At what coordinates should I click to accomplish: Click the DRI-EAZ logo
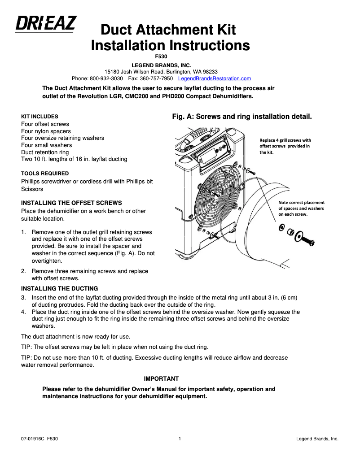46,23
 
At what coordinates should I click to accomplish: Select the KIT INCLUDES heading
40,117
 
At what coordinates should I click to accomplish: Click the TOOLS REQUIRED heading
45,174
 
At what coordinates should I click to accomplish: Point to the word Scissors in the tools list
32,189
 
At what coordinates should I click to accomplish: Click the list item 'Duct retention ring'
45,152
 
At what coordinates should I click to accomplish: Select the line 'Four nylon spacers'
46,131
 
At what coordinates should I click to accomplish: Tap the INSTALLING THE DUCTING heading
59,288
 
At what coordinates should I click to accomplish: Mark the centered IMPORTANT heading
161,379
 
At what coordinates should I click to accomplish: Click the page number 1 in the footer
180,439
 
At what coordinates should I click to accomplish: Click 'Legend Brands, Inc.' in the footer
317,439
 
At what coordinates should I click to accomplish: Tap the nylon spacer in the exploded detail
290,231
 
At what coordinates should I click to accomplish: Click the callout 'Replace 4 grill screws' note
285,146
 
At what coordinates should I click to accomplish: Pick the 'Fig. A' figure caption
242,117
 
